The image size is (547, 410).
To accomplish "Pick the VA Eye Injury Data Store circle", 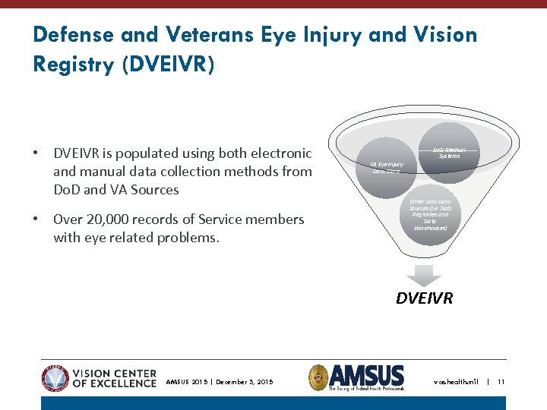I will tap(387, 166).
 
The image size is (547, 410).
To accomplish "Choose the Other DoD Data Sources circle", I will tap(429, 214).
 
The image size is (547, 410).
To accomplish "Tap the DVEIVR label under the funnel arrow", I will tap(424, 298).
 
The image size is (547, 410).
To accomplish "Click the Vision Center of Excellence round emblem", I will tap(55, 377).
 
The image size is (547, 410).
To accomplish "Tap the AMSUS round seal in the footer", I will tap(318, 377).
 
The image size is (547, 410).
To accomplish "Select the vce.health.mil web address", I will tap(456, 382).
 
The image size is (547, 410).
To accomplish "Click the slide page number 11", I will tap(501, 382).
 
